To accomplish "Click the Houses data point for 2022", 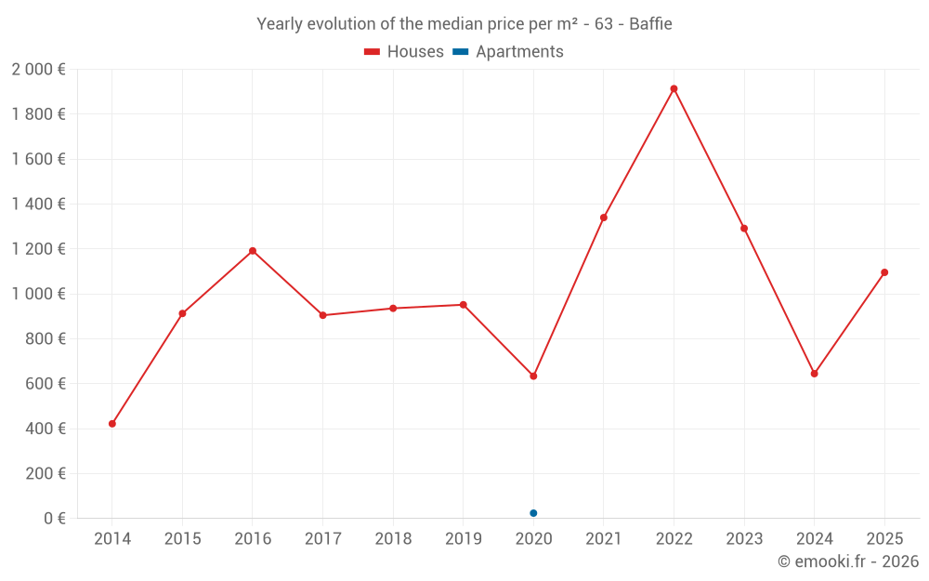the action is coord(674,89).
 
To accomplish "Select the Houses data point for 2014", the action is coord(112,424).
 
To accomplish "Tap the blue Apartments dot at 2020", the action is coord(533,513).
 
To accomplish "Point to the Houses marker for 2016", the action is coord(253,251).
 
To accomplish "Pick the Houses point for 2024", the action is coord(814,374).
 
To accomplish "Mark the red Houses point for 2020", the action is coord(533,376).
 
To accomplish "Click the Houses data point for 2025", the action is coord(884,272).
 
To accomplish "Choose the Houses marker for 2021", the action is coord(604,218).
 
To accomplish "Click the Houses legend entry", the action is coord(404,51).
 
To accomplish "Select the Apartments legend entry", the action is coord(508,51).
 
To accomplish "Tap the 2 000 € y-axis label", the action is coord(38,70).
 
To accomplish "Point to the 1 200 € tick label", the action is coord(38,249).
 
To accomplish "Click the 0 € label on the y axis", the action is coord(55,518).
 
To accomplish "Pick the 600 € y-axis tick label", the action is coord(46,384).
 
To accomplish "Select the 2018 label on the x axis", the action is coord(393,538).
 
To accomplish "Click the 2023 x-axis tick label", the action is coord(744,538).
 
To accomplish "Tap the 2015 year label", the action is coord(182,538).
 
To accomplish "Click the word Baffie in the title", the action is coord(650,24).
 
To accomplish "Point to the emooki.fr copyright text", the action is coord(848,561).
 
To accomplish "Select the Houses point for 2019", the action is coord(464,305).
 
